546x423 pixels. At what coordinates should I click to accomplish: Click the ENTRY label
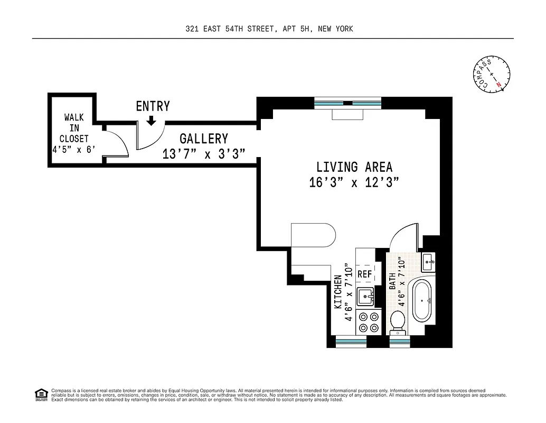coord(153,106)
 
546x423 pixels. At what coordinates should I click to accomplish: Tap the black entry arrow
coord(152,121)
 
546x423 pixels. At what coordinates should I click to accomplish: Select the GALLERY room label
coord(204,139)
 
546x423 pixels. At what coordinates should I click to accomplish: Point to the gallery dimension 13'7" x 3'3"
coord(204,154)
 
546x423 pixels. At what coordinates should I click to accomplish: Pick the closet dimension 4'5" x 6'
coord(73,150)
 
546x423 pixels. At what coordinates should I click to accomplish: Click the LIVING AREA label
coord(354,168)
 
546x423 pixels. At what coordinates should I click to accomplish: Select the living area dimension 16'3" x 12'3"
coord(354,183)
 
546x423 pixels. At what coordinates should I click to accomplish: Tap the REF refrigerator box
coord(365,274)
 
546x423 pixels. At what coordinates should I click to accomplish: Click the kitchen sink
coord(365,297)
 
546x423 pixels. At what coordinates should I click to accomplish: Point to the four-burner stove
coord(369,323)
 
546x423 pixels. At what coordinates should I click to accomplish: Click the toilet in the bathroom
coord(397,322)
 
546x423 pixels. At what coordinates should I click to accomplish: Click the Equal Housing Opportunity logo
coord(40,394)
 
